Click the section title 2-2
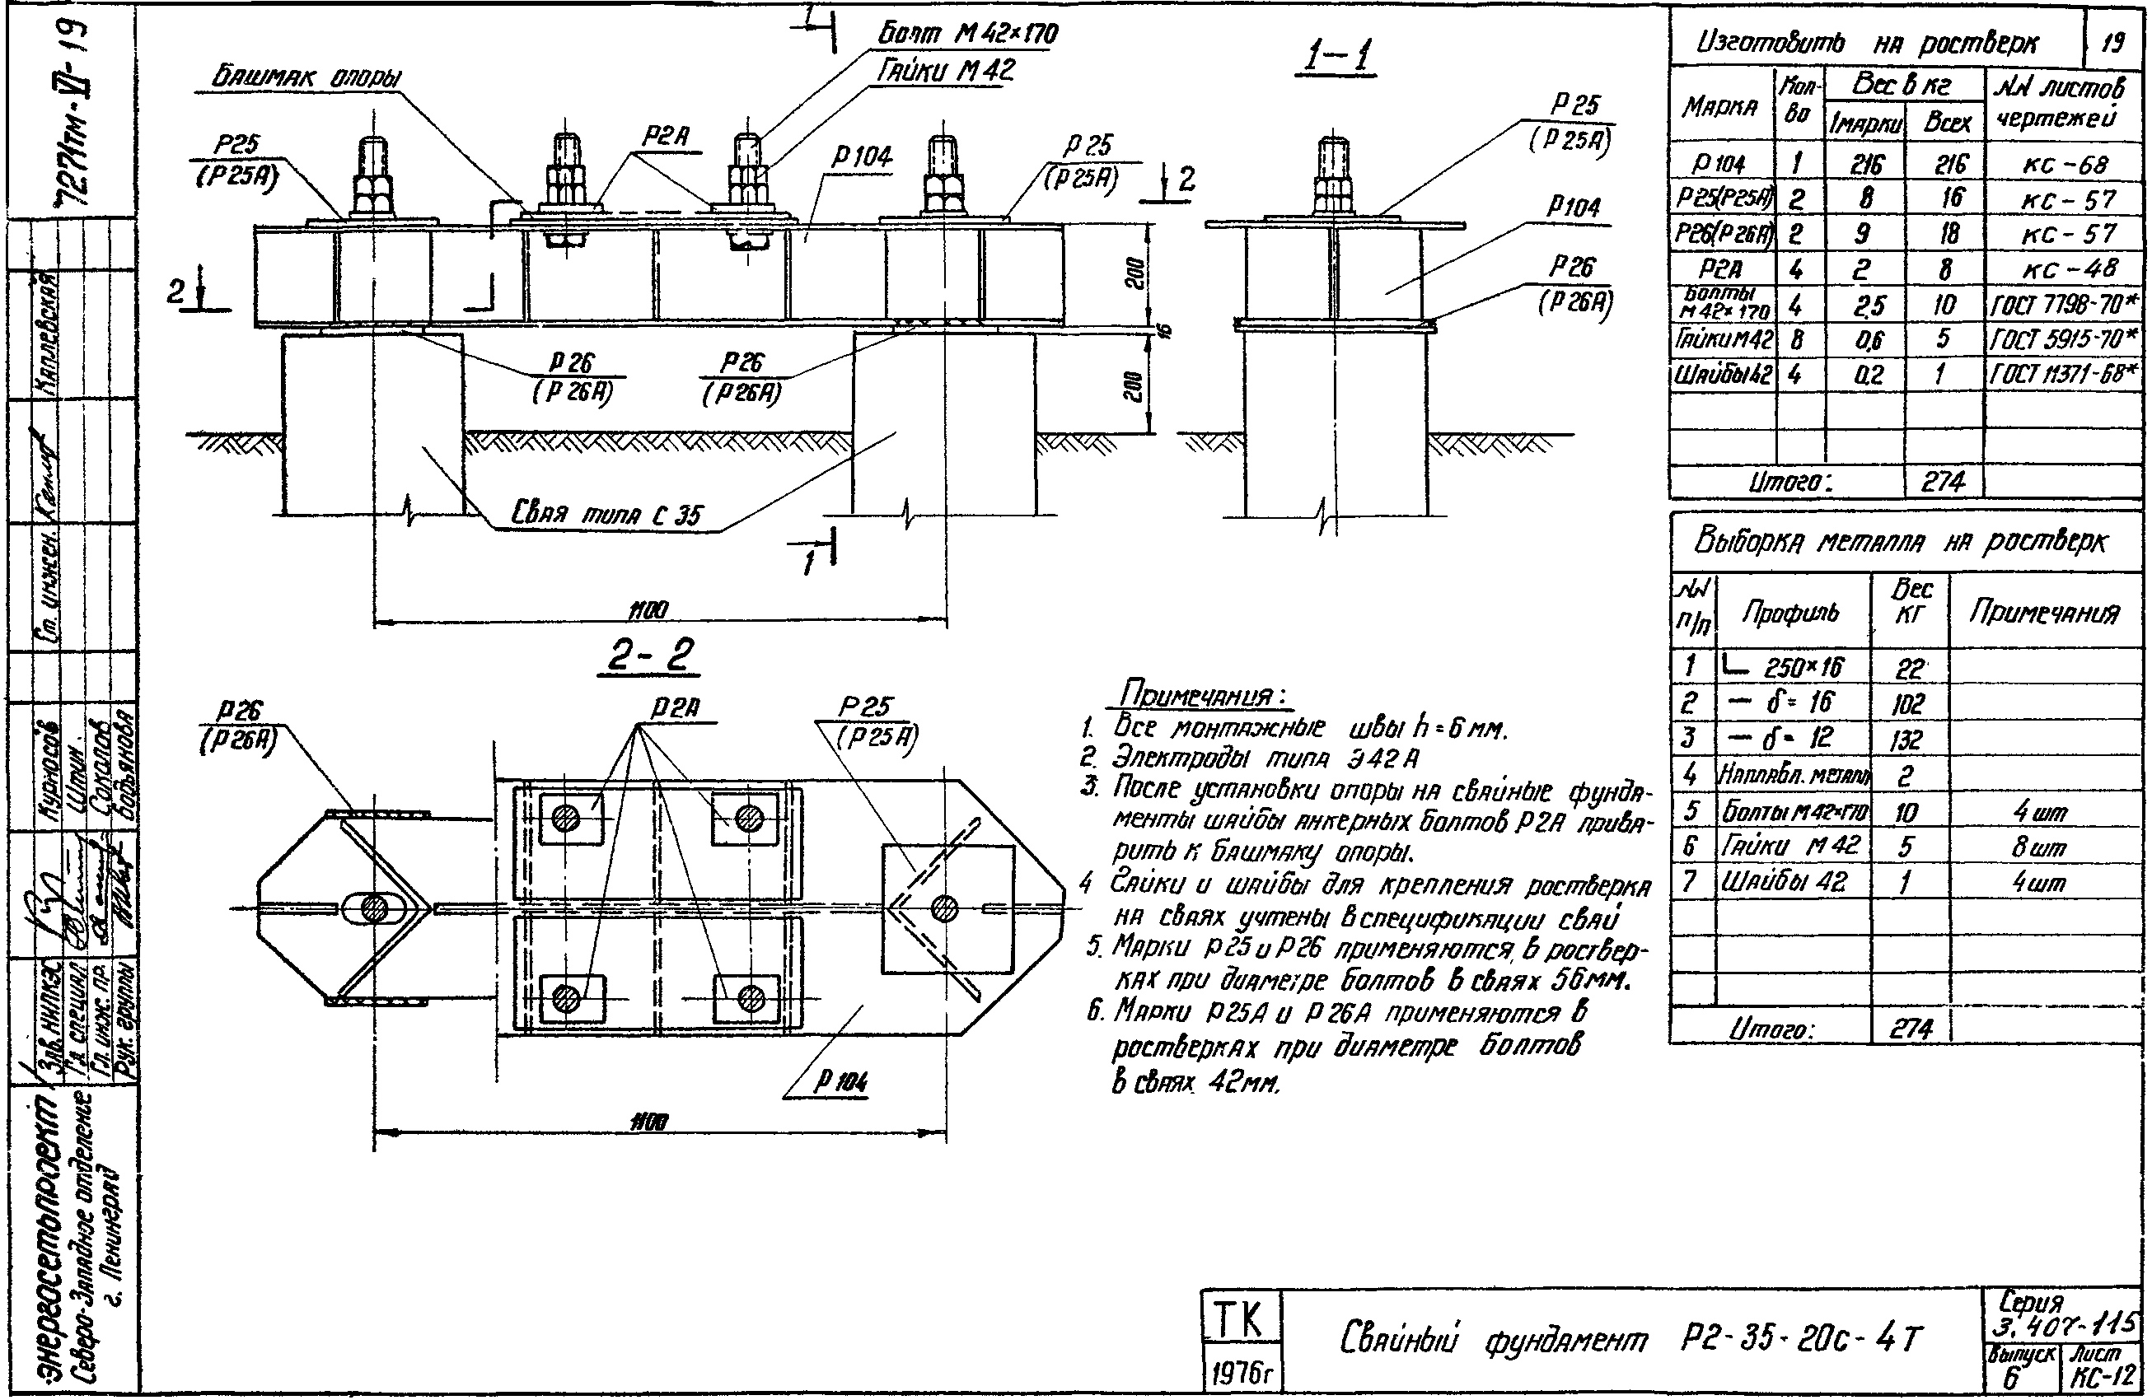coord(649,656)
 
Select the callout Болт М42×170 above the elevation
coord(968,35)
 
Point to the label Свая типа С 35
coord(606,516)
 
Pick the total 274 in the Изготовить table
coord(1942,482)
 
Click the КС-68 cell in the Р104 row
coord(2065,165)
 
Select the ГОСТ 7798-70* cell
coord(2065,306)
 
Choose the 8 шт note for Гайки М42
coord(2040,847)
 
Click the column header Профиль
coord(1791,614)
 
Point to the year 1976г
coord(1241,1374)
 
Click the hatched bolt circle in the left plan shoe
coord(373,908)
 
